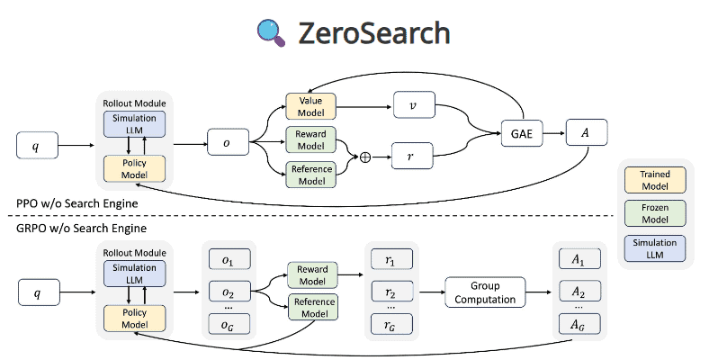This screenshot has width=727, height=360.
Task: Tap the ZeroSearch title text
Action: click(x=376, y=33)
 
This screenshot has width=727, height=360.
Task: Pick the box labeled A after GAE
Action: click(x=588, y=133)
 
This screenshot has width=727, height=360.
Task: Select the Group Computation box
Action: click(x=484, y=292)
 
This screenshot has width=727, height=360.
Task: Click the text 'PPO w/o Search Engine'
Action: click(x=69, y=204)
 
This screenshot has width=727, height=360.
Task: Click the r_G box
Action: click(x=390, y=324)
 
